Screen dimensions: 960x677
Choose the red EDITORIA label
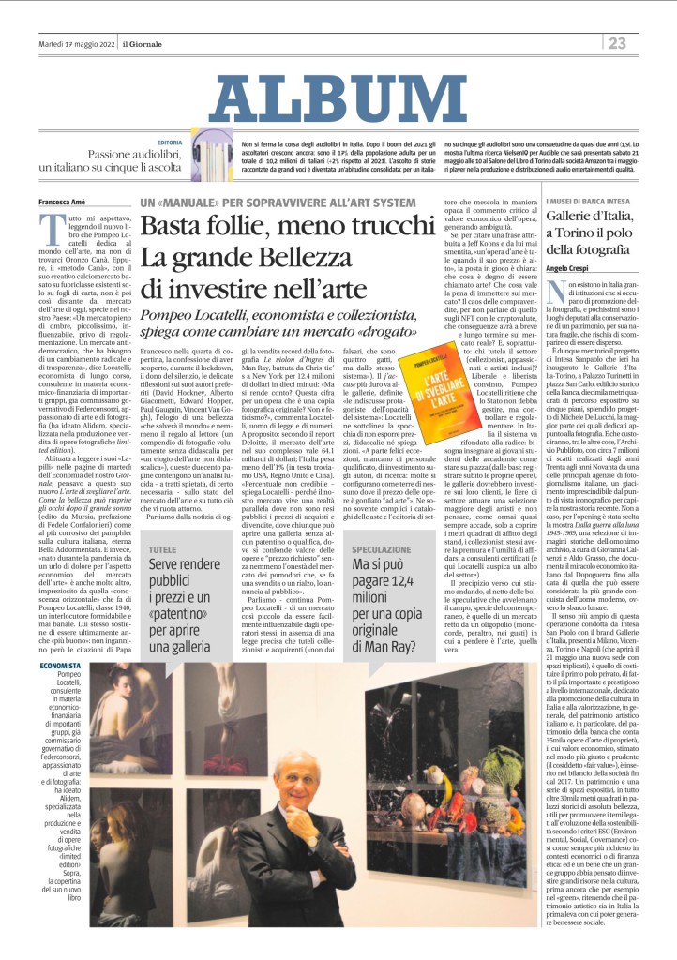point(170,142)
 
